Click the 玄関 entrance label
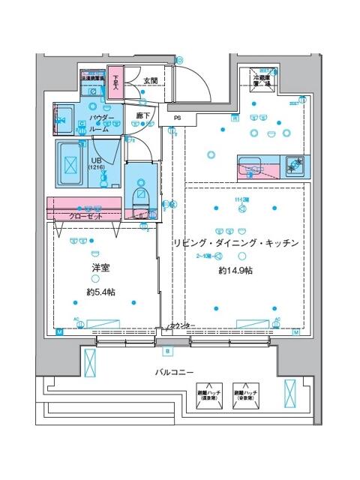pyautogui.click(x=150, y=81)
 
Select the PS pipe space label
pyautogui.click(x=177, y=118)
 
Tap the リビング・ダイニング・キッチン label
pyautogui.click(x=236, y=244)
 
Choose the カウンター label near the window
pyautogui.click(x=181, y=325)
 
